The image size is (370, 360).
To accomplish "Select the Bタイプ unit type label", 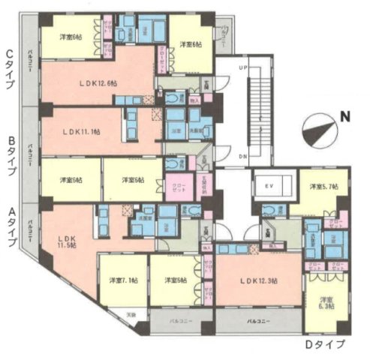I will coord(9,156).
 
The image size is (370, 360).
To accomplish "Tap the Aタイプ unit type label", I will coord(9,223).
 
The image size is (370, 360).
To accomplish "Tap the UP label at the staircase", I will coord(242,67).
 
